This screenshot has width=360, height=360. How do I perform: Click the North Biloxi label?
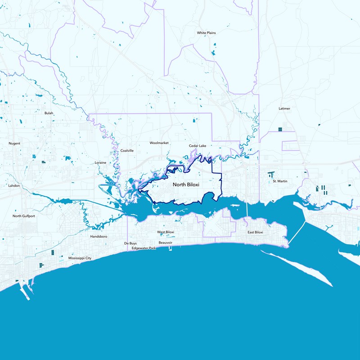[186, 184]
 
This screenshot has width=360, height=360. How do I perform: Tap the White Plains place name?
[207, 33]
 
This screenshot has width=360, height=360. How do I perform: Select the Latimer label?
[284, 108]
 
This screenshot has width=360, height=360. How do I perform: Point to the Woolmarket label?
[159, 143]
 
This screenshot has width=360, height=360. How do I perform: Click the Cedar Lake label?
[197, 146]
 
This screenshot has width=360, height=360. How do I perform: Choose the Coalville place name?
[127, 151]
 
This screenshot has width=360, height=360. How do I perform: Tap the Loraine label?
[100, 162]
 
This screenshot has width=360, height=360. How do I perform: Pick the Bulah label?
[49, 113]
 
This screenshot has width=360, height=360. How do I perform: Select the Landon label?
[14, 185]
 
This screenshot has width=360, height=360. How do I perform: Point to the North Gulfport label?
[24, 216]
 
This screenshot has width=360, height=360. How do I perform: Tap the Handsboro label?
[98, 236]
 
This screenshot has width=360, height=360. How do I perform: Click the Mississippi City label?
[80, 258]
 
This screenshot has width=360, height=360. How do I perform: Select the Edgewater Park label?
[144, 248]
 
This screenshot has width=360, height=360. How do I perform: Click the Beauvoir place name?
[166, 243]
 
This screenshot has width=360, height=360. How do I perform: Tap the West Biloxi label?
[165, 232]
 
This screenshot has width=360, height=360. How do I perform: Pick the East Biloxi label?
[255, 232]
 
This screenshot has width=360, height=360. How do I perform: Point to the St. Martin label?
[280, 181]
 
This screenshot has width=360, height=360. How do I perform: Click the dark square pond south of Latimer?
[280, 129]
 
